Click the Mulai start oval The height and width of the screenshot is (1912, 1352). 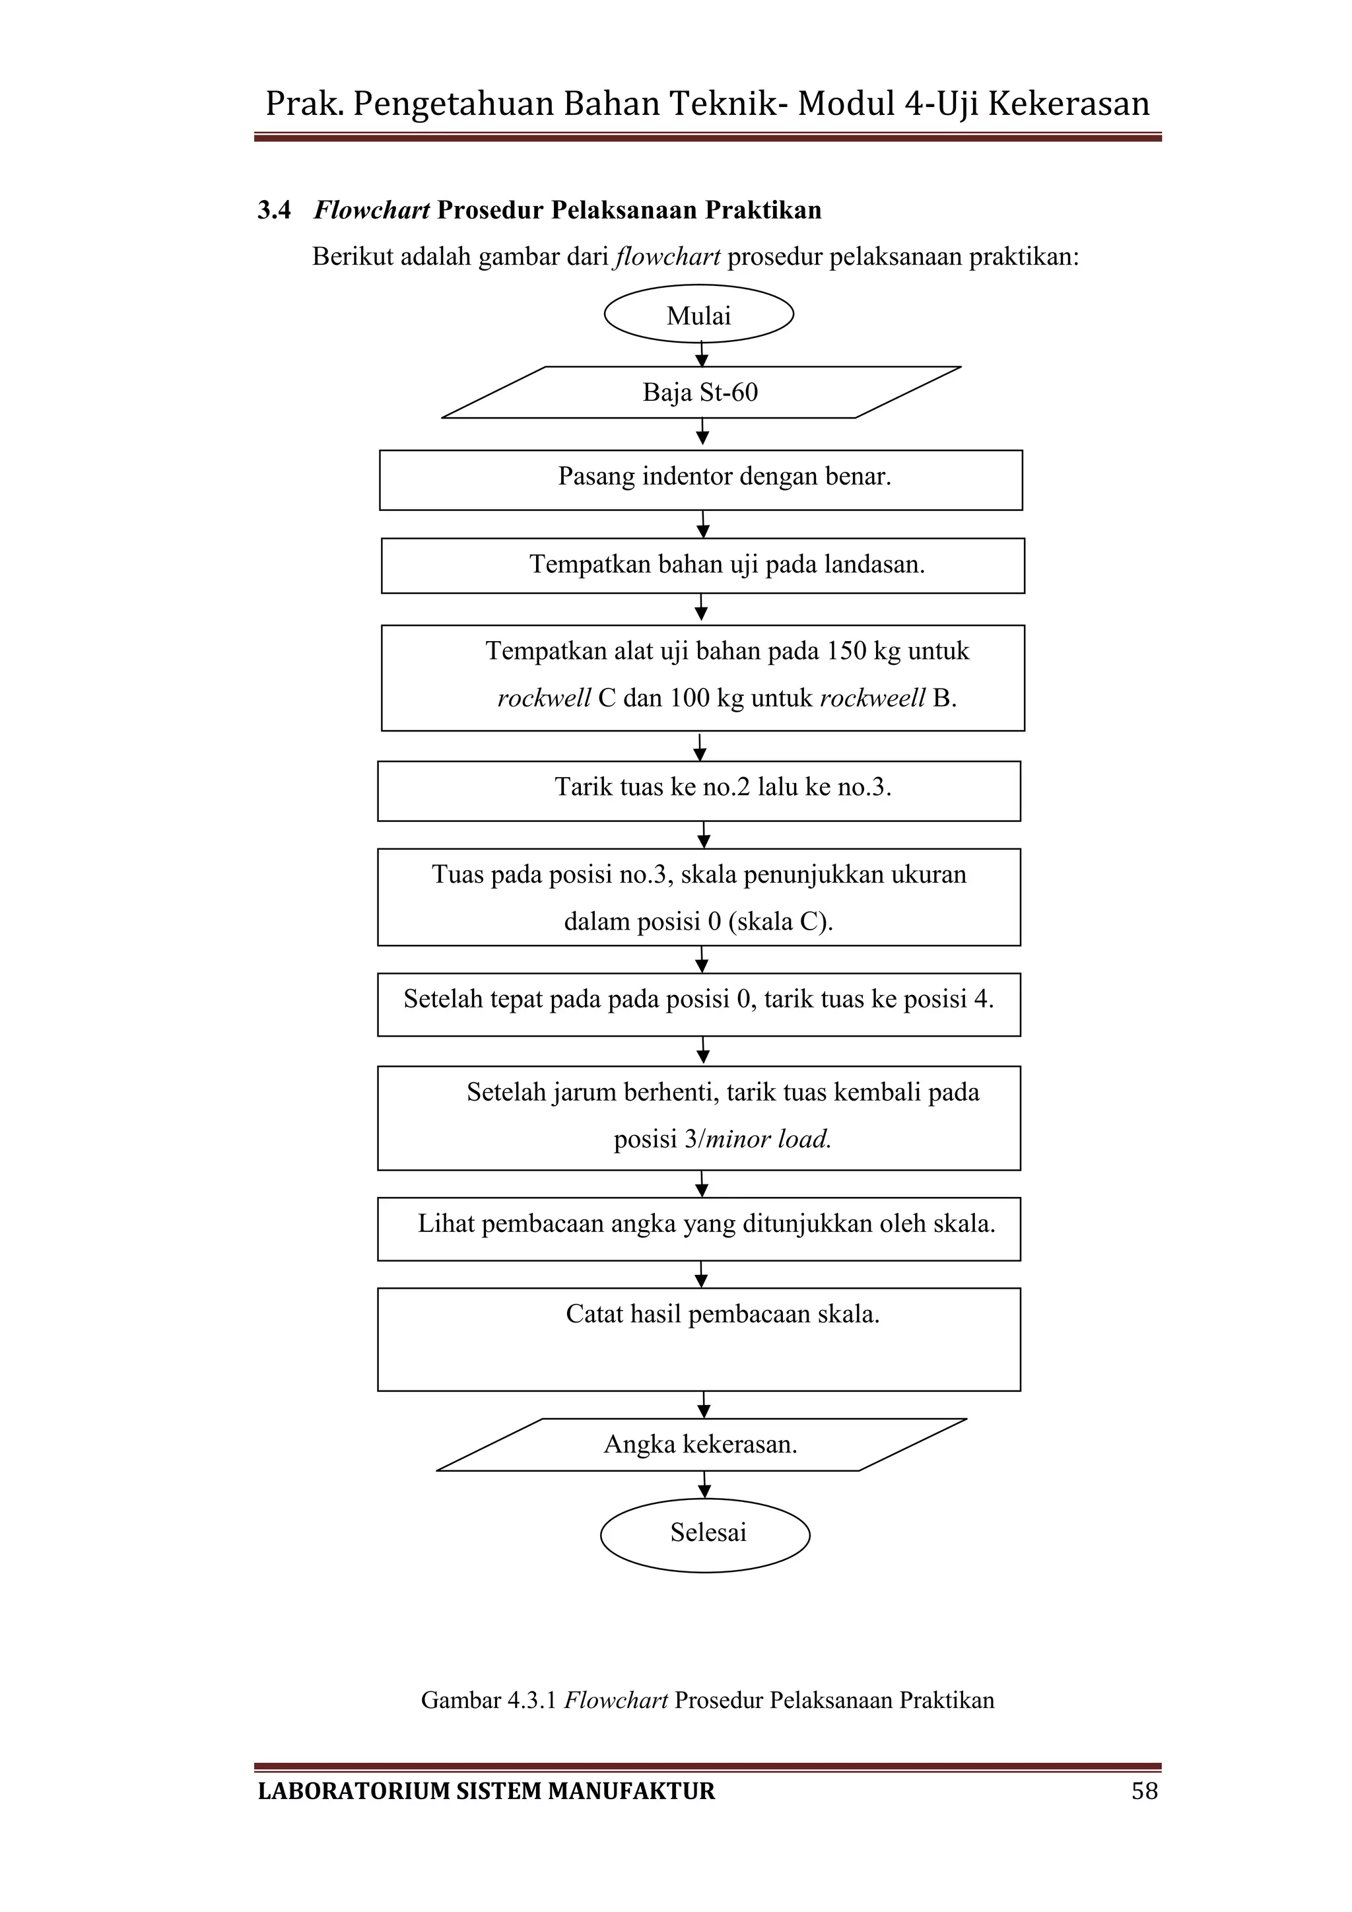(698, 315)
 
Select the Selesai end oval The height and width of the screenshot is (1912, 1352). (705, 1533)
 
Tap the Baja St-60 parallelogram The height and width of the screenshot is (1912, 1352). (700, 392)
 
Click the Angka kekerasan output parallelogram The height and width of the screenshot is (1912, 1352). (700, 1444)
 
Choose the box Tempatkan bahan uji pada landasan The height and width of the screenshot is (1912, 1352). (702, 565)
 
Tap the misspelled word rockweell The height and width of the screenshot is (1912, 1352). (871, 698)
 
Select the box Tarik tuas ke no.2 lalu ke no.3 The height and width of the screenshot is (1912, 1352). (698, 790)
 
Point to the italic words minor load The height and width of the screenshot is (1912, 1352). (768, 1138)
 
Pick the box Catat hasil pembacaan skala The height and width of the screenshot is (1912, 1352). (698, 1338)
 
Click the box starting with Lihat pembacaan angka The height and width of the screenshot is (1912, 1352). (698, 1227)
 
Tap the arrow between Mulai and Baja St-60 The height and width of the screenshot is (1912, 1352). (702, 355)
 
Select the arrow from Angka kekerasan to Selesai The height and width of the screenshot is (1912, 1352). (704, 1485)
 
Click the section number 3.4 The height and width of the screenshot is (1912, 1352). (274, 210)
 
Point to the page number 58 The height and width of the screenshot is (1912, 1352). (1144, 1791)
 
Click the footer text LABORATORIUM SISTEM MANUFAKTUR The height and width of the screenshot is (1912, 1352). (486, 1791)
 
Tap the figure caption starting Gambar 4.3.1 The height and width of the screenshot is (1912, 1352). (707, 1699)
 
